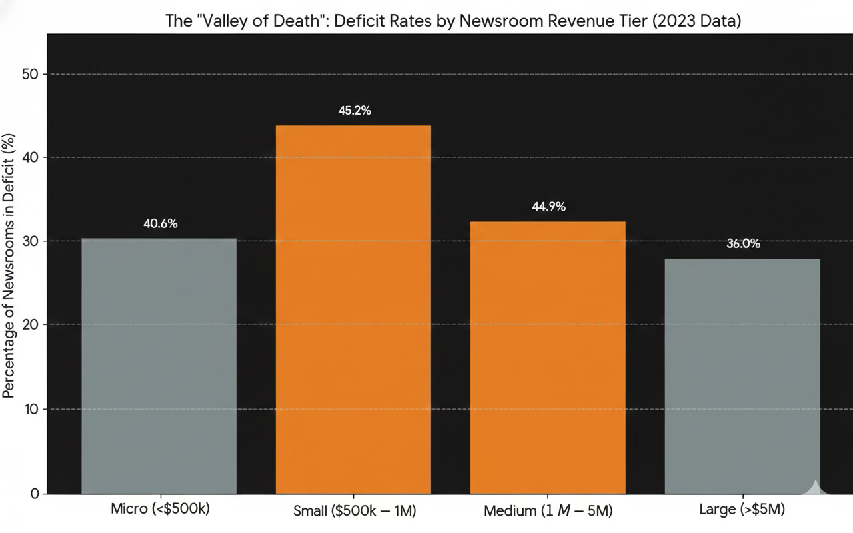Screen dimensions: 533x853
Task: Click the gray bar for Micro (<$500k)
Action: [159, 366]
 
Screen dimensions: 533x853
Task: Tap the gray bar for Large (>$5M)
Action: [742, 376]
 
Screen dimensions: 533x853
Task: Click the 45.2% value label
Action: [355, 111]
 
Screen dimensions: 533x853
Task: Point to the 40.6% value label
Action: [160, 224]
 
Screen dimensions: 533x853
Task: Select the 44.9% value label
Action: [548, 207]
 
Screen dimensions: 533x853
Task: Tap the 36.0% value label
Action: [743, 244]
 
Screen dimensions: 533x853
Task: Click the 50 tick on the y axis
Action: [31, 74]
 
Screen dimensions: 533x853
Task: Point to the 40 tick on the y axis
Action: [31, 157]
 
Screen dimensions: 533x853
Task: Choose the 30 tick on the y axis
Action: [31, 241]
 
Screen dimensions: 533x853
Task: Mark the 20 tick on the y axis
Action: [31, 324]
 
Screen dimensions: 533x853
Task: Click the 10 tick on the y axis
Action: [31, 408]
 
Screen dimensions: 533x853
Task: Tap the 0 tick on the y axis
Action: [35, 494]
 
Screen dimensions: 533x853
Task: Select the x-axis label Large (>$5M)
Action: [742, 510]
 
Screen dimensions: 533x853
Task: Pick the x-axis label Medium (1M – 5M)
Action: [548, 512]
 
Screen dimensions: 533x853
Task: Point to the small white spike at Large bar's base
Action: [815, 486]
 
